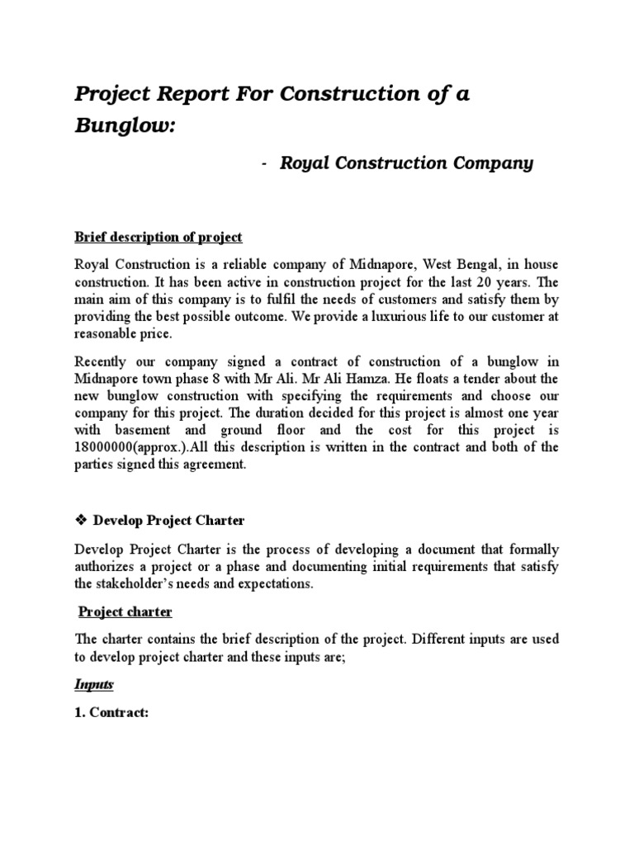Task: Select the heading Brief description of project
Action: coord(158,237)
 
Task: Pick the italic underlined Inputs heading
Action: coord(93,685)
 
